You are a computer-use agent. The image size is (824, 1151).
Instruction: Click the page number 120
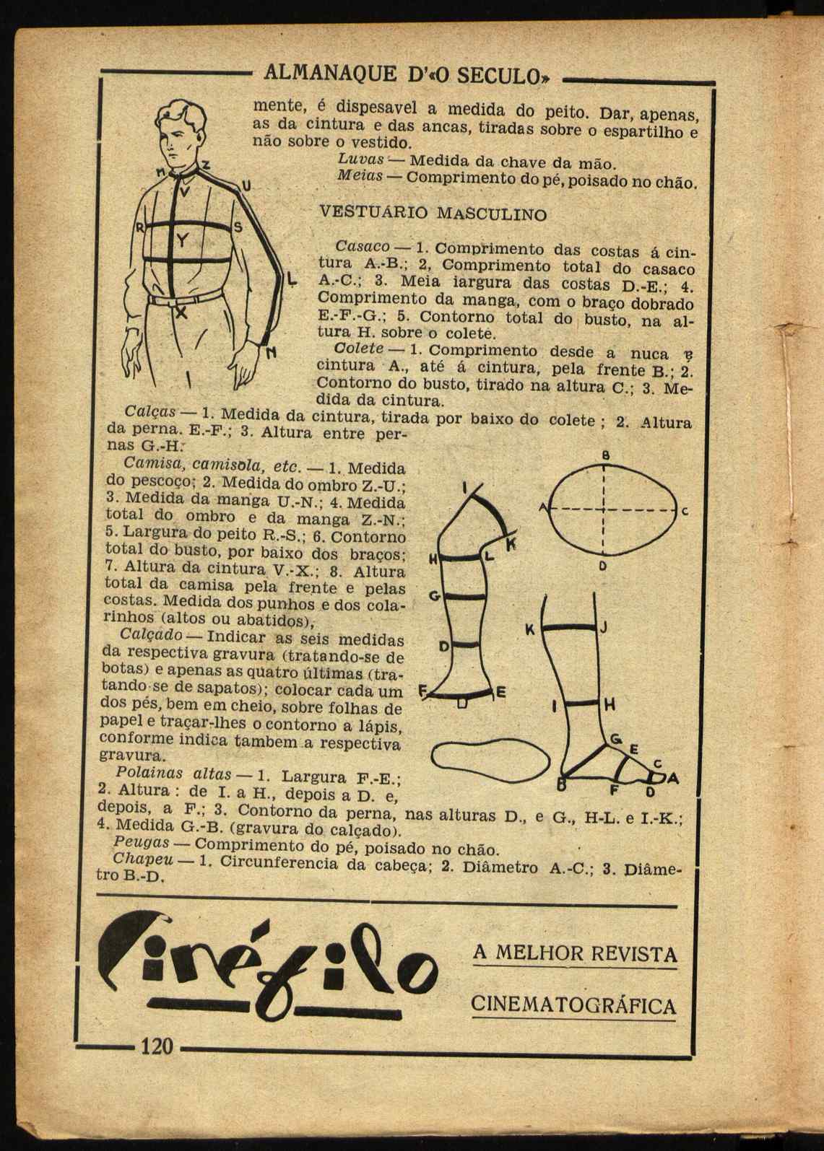click(158, 1046)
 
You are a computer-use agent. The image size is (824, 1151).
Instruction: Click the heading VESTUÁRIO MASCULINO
click(433, 214)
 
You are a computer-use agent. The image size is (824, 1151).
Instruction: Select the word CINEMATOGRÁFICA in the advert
click(573, 1005)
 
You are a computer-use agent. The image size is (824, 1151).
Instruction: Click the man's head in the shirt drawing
click(181, 134)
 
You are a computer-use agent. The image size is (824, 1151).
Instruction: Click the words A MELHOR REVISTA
click(575, 953)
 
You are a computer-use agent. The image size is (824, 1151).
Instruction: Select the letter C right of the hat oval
click(683, 512)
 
